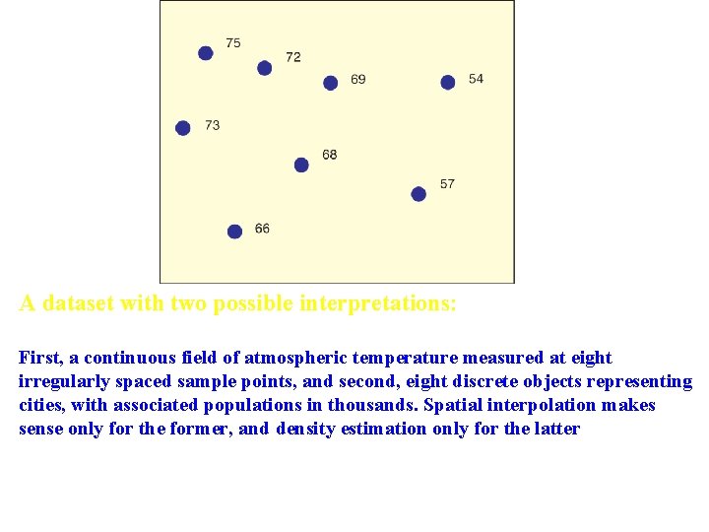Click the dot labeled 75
coord(205,53)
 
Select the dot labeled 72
coord(264,68)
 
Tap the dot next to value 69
coord(331,83)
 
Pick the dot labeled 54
coord(448,82)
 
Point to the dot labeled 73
coord(182,128)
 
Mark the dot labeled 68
coord(301,165)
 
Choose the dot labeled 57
coord(419,194)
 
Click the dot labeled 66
coord(234,232)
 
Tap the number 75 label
coord(233,42)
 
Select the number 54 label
coord(477,79)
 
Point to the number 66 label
coord(262,229)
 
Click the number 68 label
coord(330,155)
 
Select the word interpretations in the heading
coord(375,303)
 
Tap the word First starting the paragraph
coord(39,358)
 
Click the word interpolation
coord(540,405)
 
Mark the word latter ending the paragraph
coord(555,429)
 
